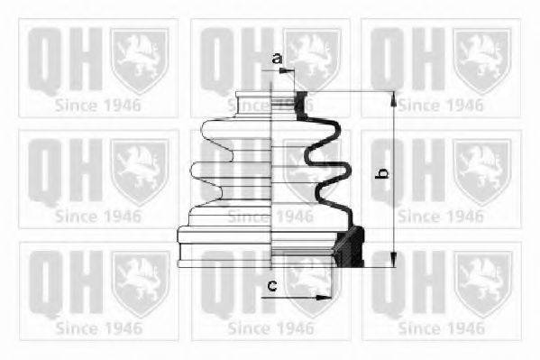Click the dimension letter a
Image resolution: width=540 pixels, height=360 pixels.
click(x=277, y=59)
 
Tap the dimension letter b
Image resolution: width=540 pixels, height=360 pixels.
click(x=382, y=173)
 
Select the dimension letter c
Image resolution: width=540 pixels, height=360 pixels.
click(x=272, y=285)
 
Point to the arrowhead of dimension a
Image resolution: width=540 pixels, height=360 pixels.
click(x=284, y=70)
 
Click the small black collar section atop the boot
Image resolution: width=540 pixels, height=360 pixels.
click(x=301, y=105)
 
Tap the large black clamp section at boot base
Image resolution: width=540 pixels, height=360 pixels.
click(x=350, y=246)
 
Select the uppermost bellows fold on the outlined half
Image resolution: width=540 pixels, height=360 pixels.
click(x=236, y=130)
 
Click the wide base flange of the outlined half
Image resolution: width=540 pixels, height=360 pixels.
click(x=224, y=247)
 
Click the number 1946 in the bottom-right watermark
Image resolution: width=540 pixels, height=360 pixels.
click(x=464, y=328)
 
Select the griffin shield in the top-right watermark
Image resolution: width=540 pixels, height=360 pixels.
click(x=481, y=60)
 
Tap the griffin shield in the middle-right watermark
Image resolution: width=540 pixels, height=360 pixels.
click(x=481, y=171)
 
